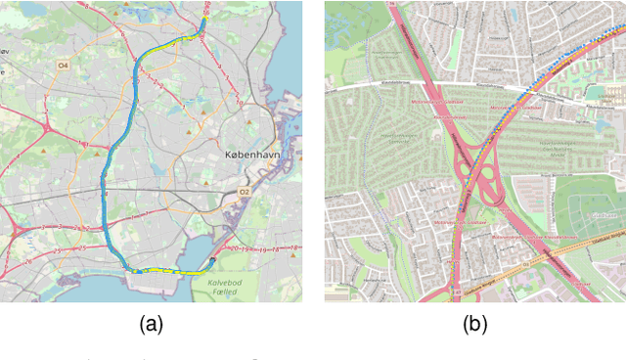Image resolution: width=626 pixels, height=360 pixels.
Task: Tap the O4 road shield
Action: (x=64, y=66)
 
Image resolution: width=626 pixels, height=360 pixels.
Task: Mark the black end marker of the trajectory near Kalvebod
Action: (x=213, y=262)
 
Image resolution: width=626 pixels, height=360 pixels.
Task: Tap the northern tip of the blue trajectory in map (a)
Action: (x=204, y=18)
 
